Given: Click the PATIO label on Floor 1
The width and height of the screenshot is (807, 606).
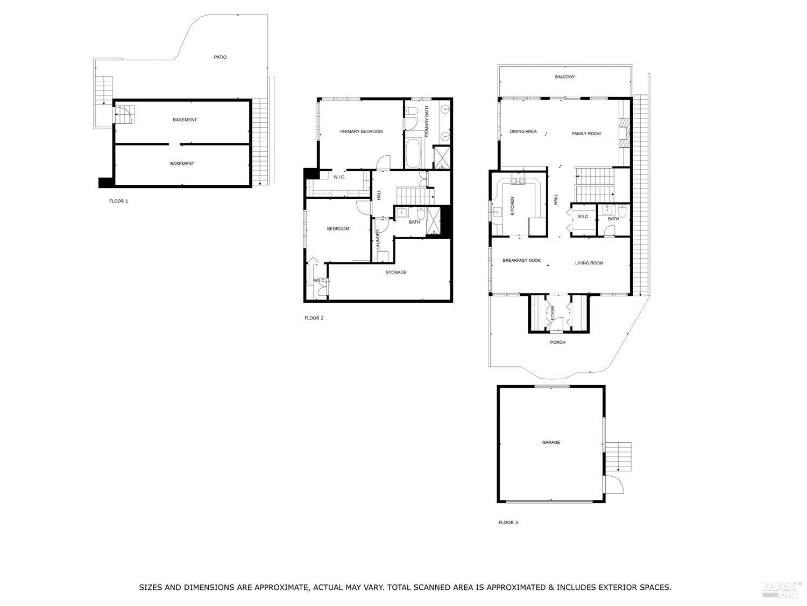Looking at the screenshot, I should (x=220, y=57).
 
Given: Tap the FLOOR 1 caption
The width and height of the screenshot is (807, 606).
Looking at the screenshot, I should (x=118, y=201).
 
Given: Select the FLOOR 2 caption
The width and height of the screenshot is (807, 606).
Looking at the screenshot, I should (x=314, y=318).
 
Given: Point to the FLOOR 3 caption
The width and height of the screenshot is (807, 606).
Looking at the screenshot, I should (x=508, y=522).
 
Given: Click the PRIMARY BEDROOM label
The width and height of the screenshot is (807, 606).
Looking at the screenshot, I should (x=361, y=131).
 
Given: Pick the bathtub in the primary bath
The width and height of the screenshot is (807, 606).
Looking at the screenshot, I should (x=413, y=154).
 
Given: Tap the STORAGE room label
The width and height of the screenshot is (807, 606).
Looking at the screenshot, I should (x=396, y=273).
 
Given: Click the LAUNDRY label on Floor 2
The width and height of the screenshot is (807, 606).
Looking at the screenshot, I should (x=378, y=239).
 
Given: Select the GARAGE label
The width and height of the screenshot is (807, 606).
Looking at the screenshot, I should (x=551, y=442).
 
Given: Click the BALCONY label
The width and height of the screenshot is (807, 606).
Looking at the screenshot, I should (x=565, y=77).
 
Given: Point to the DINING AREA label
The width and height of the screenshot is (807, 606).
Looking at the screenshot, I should (x=523, y=131).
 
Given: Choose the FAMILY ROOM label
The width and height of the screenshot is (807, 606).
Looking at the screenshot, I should (x=586, y=134).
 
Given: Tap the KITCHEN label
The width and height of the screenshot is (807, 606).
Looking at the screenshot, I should (x=512, y=206).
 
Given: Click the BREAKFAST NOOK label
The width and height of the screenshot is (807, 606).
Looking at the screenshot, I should (x=521, y=261).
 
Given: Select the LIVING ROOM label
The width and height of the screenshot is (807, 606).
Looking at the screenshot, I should (x=589, y=263).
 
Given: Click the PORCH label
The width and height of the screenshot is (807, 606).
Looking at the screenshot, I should (x=557, y=342).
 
